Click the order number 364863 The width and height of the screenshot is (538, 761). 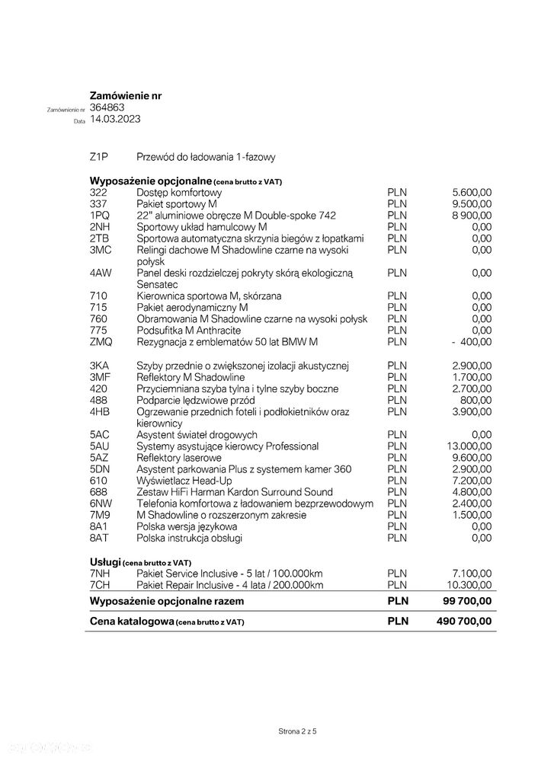pyautogui.click(x=107, y=108)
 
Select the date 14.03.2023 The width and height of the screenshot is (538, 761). pyautogui.click(x=115, y=120)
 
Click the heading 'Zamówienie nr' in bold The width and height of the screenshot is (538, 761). pyautogui.click(x=126, y=96)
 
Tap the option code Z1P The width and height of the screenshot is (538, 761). pyautogui.click(x=99, y=157)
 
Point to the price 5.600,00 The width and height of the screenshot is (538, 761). pyautogui.click(x=472, y=193)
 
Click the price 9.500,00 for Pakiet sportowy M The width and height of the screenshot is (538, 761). pyautogui.click(x=472, y=204)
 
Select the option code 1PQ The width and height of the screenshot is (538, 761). pyautogui.click(x=99, y=216)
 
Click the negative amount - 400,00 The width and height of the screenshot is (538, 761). pyautogui.click(x=471, y=342)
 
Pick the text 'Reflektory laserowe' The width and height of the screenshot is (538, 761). pyautogui.click(x=179, y=458)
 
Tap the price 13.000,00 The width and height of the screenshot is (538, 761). pyautogui.click(x=469, y=446)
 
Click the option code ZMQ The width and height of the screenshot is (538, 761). pyautogui.click(x=101, y=342)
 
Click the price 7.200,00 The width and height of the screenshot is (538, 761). pyautogui.click(x=472, y=481)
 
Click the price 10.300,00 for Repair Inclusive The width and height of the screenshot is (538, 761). pyautogui.click(x=469, y=585)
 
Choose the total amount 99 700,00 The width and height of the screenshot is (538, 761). pyautogui.click(x=467, y=602)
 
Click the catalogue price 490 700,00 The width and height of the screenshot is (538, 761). pyautogui.click(x=464, y=622)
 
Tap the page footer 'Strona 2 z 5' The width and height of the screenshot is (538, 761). pyautogui.click(x=297, y=731)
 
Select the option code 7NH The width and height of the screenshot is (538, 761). pyautogui.click(x=100, y=574)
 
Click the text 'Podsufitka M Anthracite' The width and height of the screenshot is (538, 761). pyautogui.click(x=188, y=331)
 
